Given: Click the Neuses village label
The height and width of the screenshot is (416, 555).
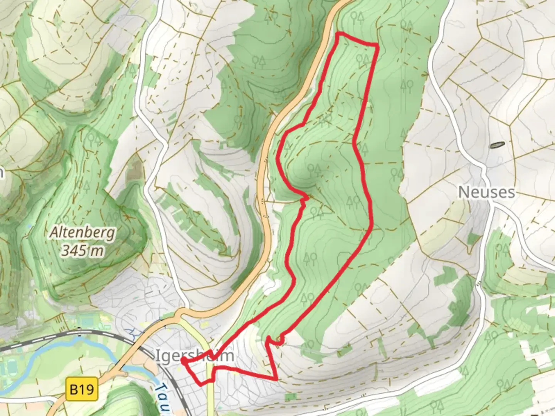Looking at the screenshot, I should click(x=486, y=192).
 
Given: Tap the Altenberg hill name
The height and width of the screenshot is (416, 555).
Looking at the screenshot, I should click(x=82, y=233).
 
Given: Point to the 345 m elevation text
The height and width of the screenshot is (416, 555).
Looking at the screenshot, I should click(x=83, y=251).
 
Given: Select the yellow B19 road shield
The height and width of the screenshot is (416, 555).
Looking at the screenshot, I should click(x=82, y=389).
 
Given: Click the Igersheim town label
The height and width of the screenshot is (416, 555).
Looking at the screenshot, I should click(x=195, y=355).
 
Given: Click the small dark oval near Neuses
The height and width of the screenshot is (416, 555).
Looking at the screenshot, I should click(x=497, y=145).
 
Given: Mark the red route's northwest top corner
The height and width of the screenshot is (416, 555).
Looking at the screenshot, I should click(x=338, y=34).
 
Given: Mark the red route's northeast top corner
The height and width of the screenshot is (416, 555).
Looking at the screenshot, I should click(x=377, y=46).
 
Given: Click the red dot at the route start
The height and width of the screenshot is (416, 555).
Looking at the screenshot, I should click(x=183, y=360).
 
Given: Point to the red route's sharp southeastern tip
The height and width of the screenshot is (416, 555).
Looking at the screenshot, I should click(x=276, y=379).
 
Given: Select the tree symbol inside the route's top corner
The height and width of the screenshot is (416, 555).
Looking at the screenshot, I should click(x=362, y=60).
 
